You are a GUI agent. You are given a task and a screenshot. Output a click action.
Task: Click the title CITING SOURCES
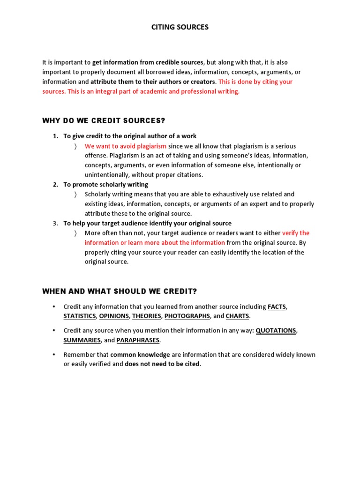180,27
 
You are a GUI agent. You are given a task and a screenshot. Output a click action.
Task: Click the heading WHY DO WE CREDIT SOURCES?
104,121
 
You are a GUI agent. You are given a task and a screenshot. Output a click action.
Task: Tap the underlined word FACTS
277,307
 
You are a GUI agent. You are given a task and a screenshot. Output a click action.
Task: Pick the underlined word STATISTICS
80,316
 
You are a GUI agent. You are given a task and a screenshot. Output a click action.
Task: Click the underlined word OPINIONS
114,316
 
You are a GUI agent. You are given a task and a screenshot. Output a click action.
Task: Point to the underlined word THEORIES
146,316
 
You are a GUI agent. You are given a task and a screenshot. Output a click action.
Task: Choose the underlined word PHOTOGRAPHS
187,316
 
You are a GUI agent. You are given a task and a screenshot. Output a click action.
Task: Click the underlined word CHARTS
237,316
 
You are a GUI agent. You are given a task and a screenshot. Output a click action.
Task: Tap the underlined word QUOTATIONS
276,330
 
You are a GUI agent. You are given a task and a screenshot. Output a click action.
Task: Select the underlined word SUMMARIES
82,340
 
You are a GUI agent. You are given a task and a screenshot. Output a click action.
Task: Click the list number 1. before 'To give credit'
55,136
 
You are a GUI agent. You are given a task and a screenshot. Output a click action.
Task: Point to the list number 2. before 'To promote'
55,185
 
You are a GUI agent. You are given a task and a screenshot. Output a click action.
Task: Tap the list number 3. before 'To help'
55,224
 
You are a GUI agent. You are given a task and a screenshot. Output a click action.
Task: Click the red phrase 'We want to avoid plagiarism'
126,146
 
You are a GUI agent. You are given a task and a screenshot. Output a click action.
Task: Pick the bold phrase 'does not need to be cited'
162,364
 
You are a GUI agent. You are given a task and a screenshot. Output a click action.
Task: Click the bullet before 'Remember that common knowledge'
53,355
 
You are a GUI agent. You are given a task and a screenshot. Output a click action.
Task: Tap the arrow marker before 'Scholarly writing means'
75,195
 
